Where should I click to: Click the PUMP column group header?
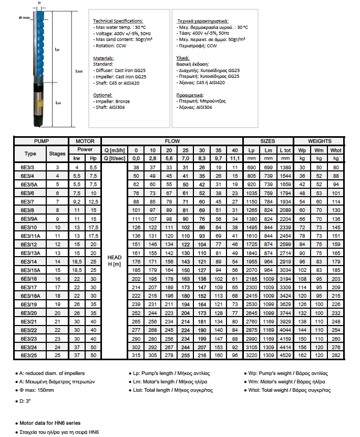pyautogui.click(x=41, y=141)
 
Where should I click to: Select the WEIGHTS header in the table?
pyautogui.click(x=320, y=141)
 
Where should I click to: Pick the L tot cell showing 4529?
pyautogui.click(x=285, y=355)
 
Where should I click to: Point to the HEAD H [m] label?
pyautogui.click(x=114, y=260)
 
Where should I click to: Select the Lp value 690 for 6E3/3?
pyautogui.click(x=251, y=167)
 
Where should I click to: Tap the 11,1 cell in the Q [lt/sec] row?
pyautogui.click(x=234, y=158)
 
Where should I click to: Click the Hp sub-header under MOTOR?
pyautogui.click(x=93, y=158)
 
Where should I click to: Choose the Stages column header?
pyautogui.click(x=57, y=154)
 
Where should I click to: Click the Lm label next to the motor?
pyautogui.click(x=59, y=104)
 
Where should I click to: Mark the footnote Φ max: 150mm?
pyautogui.click(x=37, y=390)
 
